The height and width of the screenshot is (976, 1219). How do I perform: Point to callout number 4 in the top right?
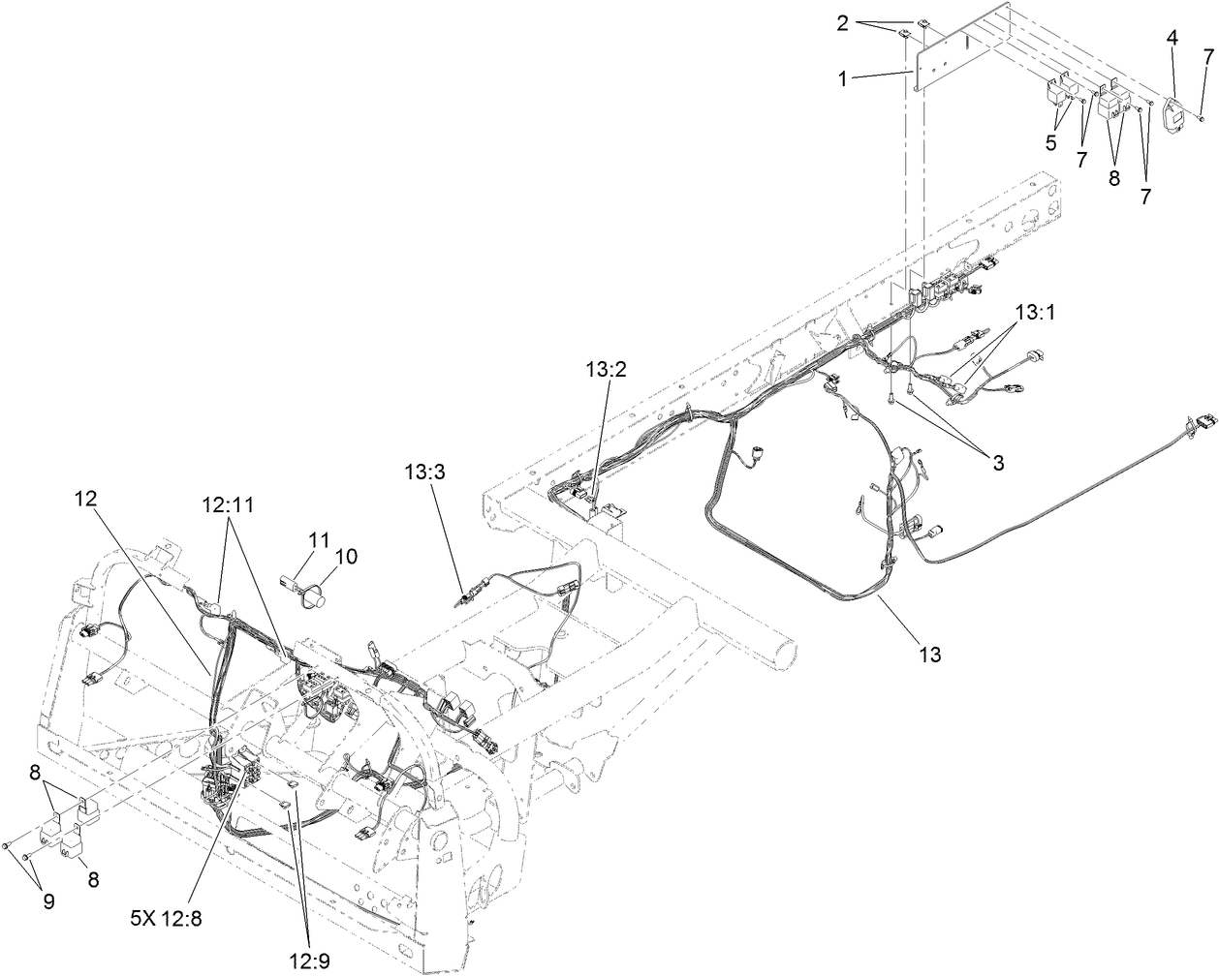tap(1172, 38)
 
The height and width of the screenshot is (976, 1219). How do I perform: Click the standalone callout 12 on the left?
tap(86, 498)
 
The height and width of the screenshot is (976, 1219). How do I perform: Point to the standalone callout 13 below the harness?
tap(929, 655)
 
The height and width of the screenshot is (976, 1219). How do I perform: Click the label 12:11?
tap(225, 504)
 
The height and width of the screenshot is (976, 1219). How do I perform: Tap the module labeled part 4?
tap(1174, 115)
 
